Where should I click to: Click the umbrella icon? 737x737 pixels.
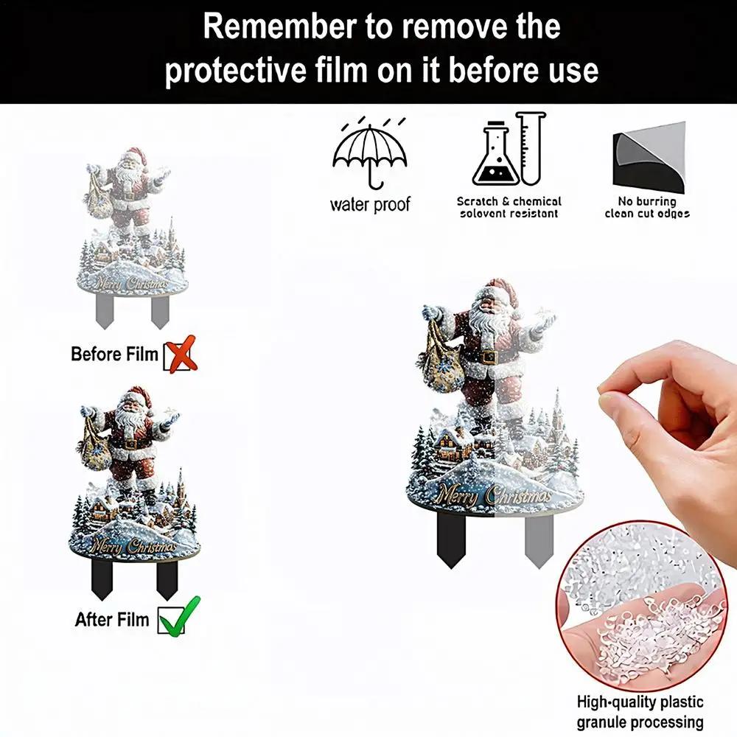[370, 155]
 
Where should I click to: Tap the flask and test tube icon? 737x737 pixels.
[509, 149]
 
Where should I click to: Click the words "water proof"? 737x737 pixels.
[370, 205]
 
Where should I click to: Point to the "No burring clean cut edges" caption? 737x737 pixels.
[647, 207]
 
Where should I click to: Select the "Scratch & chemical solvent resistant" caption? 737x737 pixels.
[509, 207]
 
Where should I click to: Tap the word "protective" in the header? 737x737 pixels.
[236, 71]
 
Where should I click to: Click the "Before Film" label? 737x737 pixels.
[114, 354]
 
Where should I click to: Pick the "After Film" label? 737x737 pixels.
[112, 620]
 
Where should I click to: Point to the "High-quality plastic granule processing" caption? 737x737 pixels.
[640, 712]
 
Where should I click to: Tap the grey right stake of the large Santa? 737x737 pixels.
[539, 540]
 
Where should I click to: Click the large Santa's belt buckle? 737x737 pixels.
[489, 357]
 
